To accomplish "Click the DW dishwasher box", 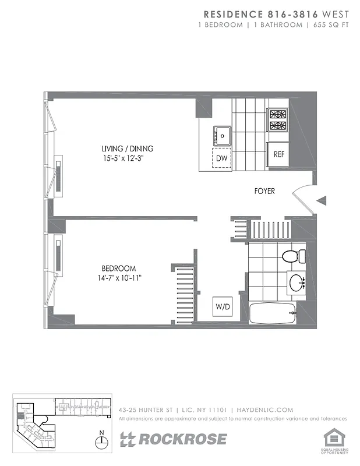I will tap(221, 157).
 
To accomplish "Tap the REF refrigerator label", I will tap(278, 154).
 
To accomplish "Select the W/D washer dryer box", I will tap(222, 305).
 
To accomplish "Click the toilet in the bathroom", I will tap(291, 256).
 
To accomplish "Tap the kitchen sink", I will tap(222, 135).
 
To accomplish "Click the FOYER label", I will tap(264, 191).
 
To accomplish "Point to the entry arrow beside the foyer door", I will tap(322, 201).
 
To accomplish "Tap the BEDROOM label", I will tap(119, 269).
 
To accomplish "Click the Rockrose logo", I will tap(173, 439).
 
